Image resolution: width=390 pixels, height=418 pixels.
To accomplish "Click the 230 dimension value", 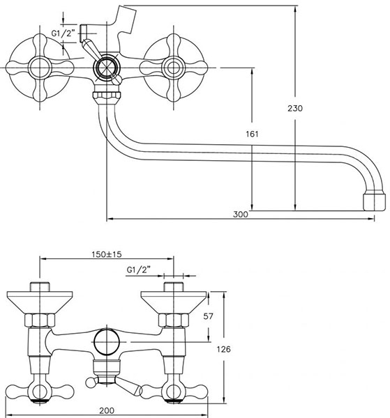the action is click(x=295, y=108).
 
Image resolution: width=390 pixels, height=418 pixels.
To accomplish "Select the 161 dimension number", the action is click(x=252, y=134).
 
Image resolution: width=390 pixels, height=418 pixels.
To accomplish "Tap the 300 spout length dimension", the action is click(x=240, y=215).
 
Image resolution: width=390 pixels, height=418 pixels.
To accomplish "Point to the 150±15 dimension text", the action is click(x=107, y=254).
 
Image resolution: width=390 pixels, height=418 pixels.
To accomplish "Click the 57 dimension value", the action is click(x=208, y=316).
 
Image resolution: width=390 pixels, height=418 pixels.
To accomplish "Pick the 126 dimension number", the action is click(x=223, y=349).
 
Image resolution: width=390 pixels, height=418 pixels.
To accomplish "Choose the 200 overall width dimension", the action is click(x=107, y=411).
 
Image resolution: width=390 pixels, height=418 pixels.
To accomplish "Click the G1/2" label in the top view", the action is click(x=63, y=33).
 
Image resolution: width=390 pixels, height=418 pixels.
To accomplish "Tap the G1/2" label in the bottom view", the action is click(x=138, y=270).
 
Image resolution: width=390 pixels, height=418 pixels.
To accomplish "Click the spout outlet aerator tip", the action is click(x=374, y=202).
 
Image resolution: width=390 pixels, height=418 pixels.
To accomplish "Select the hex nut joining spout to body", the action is click(x=107, y=95).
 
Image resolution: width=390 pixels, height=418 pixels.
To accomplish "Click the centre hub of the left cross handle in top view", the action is click(x=40, y=68).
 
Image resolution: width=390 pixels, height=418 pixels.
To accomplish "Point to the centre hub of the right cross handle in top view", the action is click(x=174, y=68).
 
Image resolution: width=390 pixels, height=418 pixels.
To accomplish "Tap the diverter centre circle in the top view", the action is click(x=107, y=68).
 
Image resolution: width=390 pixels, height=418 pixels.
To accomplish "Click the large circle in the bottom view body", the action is click(x=107, y=342).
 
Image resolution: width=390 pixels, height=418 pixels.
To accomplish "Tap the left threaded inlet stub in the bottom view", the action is click(x=40, y=286).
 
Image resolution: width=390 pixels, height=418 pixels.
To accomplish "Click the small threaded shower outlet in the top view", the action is click(x=83, y=33).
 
